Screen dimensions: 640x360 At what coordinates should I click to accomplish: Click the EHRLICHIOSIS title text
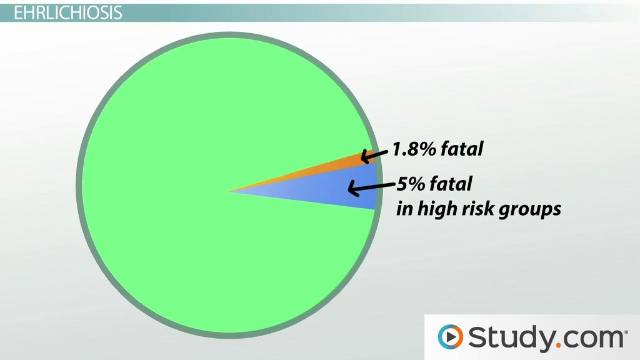point(67,13)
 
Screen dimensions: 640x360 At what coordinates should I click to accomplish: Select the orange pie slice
point(326,169)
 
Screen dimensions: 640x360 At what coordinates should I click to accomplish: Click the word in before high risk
point(404,209)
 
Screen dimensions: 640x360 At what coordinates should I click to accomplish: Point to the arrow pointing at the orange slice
point(374,155)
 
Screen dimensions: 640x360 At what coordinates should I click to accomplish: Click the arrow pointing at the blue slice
point(372,187)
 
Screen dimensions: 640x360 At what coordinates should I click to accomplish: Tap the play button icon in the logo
point(451,337)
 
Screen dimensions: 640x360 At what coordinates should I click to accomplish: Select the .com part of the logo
point(590,339)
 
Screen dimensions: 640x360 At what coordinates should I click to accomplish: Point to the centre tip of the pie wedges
point(229,191)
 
